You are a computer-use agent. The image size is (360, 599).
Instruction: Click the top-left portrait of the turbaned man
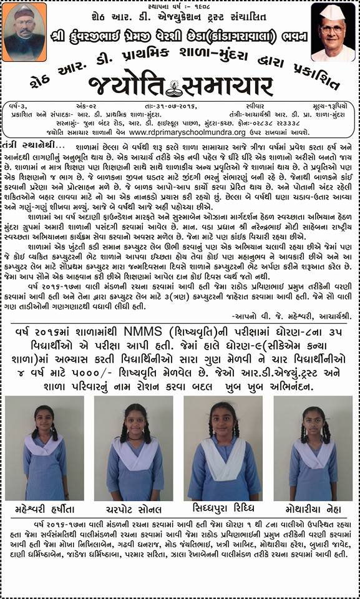(x=24, y=32)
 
